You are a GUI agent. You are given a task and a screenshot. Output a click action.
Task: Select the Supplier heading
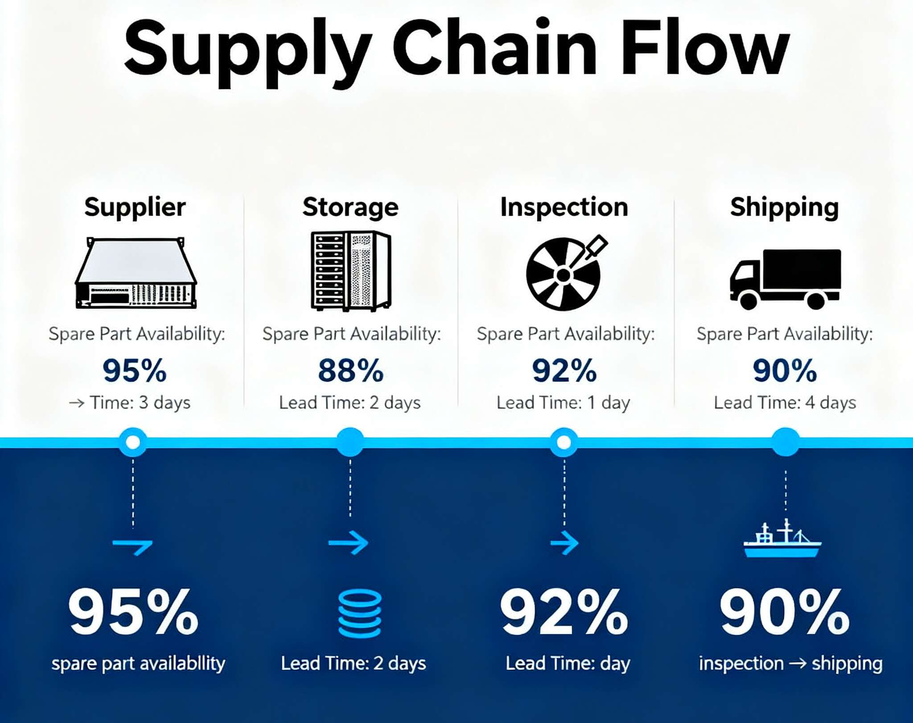click(x=135, y=207)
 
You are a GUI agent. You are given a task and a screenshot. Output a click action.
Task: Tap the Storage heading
click(x=350, y=208)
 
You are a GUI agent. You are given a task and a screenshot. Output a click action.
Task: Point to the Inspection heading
click(x=564, y=208)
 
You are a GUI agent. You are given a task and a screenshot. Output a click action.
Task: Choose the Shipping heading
click(x=784, y=208)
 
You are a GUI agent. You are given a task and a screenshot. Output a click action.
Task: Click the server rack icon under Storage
click(x=351, y=271)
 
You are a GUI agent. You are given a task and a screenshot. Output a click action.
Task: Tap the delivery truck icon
click(x=785, y=279)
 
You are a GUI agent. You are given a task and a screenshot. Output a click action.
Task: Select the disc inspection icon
click(x=566, y=273)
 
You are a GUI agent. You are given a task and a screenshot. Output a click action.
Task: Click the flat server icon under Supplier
click(x=136, y=273)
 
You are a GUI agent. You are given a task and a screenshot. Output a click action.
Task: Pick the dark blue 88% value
click(x=350, y=370)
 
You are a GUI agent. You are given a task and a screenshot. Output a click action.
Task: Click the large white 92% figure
click(x=564, y=612)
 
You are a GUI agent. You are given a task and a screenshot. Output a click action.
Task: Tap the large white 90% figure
click(x=785, y=612)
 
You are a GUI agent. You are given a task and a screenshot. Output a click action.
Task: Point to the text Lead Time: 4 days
click(x=785, y=403)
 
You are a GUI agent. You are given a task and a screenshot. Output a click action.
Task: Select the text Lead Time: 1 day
click(x=563, y=403)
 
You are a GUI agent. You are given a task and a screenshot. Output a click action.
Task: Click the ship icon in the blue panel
click(x=782, y=538)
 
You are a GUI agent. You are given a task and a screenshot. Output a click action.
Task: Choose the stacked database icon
click(x=360, y=613)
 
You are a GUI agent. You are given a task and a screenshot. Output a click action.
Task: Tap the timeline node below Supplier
click(x=133, y=442)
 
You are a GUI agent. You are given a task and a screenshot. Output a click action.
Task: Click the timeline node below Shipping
click(x=786, y=442)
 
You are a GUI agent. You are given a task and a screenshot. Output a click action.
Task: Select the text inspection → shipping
click(x=791, y=663)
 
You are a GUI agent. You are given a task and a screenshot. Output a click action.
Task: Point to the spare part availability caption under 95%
click(x=138, y=663)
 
